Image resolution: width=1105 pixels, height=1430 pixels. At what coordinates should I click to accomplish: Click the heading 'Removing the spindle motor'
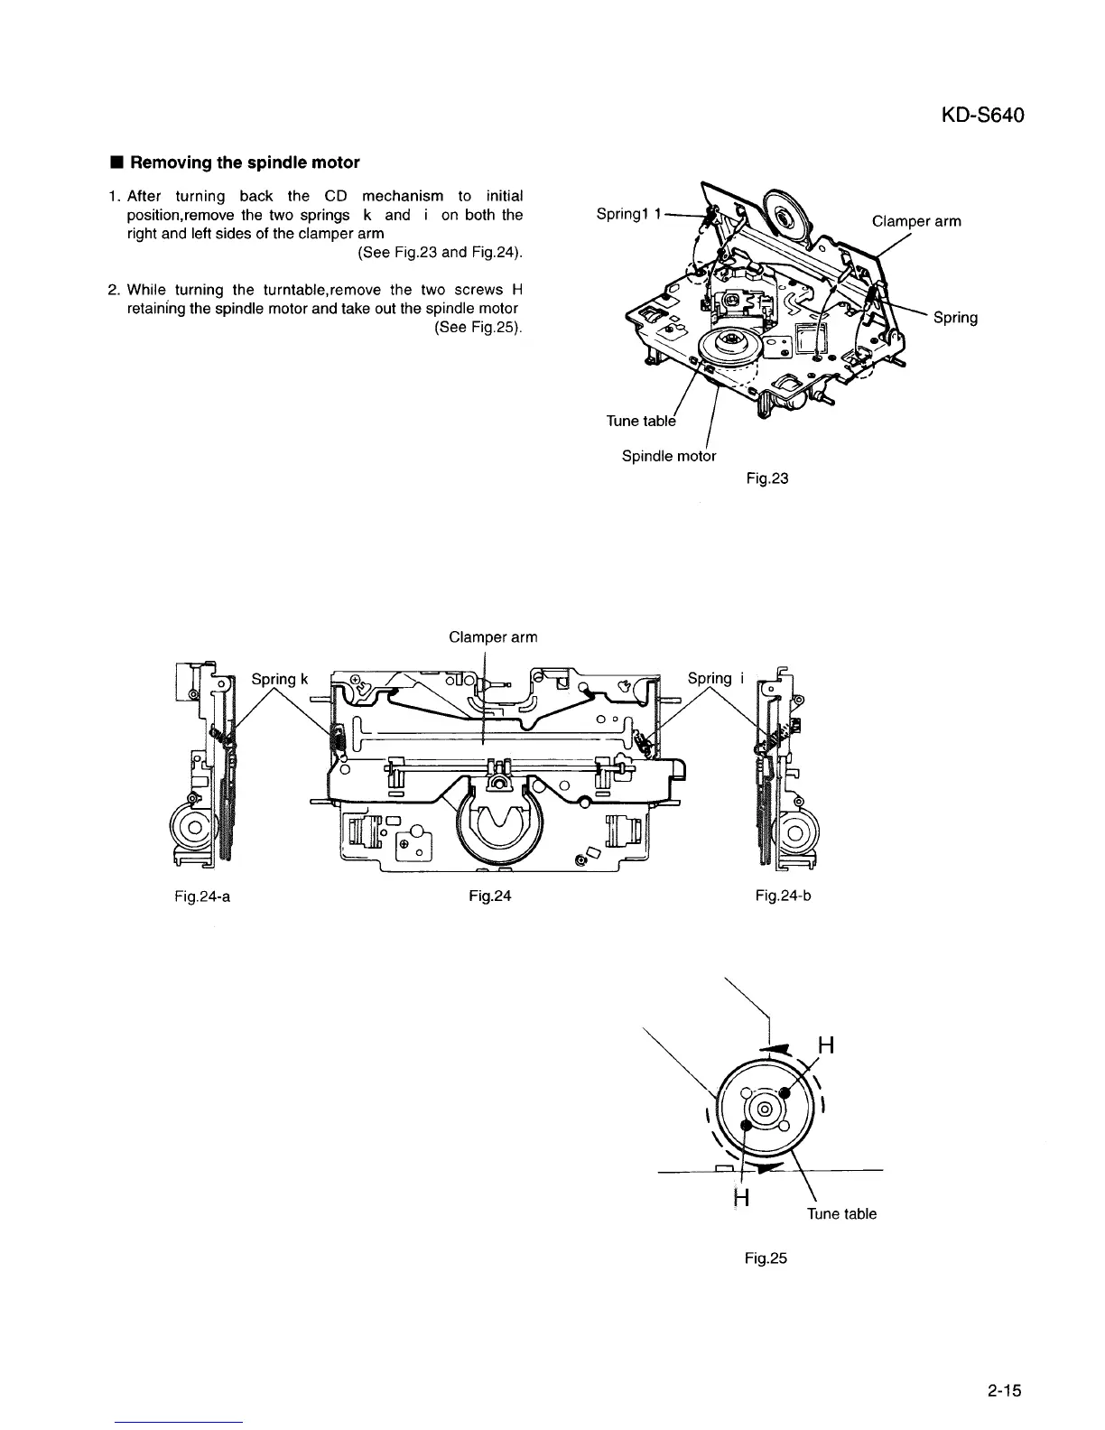(244, 162)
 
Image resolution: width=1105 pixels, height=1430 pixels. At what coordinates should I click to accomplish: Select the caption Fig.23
(767, 478)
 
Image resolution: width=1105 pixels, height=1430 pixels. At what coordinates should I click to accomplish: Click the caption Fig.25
(767, 1258)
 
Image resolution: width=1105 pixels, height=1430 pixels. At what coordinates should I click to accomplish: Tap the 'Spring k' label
(280, 679)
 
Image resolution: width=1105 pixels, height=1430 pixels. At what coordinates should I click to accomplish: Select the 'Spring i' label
(715, 679)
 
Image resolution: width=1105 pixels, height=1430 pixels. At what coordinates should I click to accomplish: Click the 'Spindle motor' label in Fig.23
(669, 456)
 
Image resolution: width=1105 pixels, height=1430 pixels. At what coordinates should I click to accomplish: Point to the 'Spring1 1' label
(630, 214)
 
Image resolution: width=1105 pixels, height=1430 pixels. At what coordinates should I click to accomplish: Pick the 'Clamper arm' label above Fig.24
(493, 637)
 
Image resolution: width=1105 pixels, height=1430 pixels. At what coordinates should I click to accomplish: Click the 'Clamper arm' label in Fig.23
(916, 221)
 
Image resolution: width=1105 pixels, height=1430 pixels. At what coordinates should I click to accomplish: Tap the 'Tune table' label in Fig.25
(841, 1214)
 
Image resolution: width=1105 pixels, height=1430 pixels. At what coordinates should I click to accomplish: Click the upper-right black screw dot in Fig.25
(785, 1093)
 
